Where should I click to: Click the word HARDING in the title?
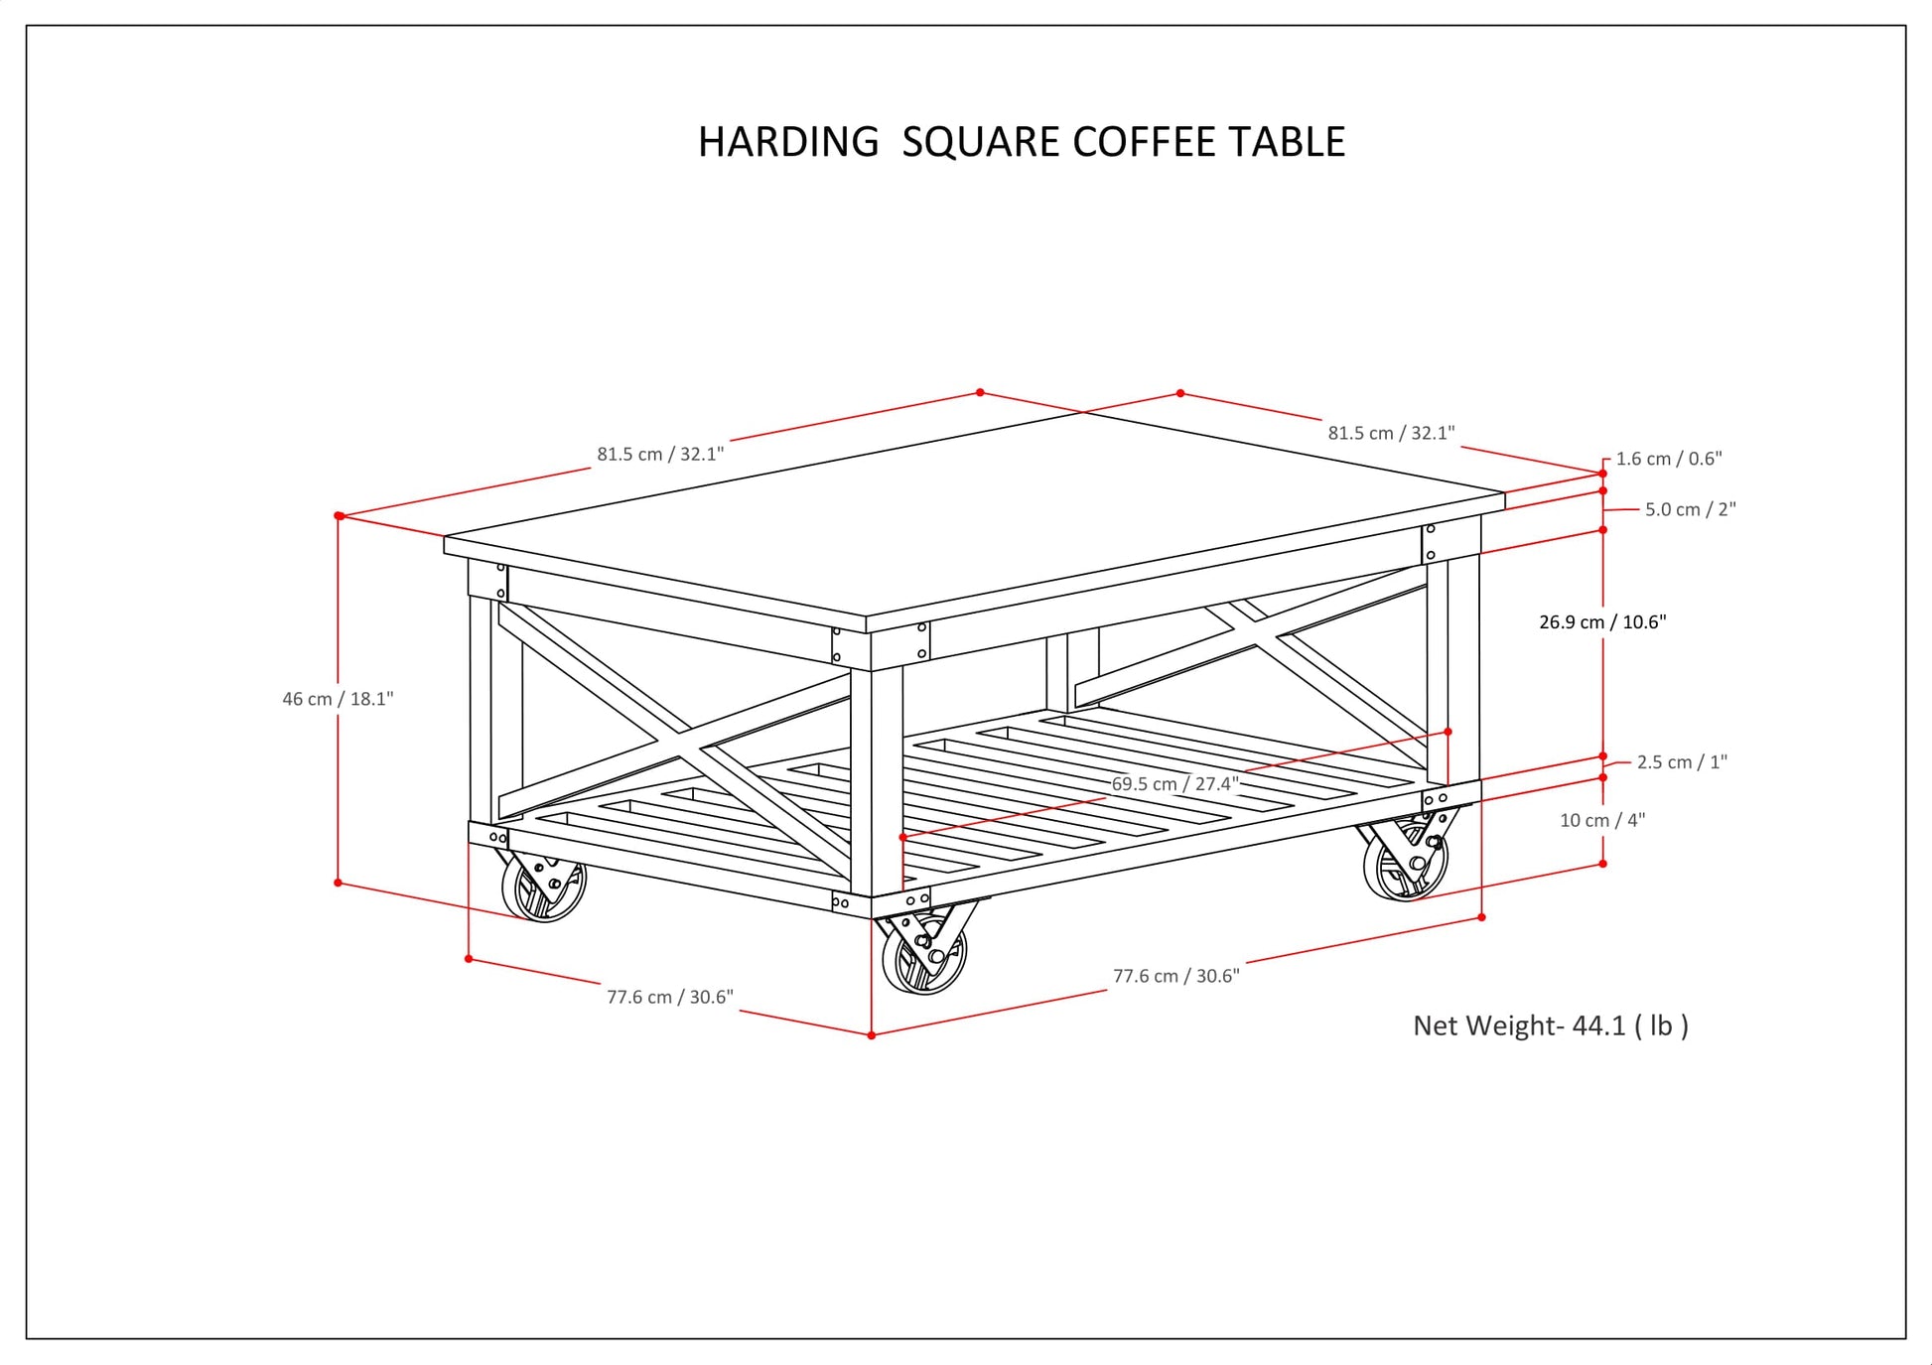coord(788,142)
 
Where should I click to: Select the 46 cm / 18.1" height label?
coord(338,699)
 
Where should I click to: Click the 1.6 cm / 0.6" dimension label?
coord(1669,459)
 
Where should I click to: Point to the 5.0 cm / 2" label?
coord(1691,509)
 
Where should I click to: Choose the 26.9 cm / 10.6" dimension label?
coord(1602,622)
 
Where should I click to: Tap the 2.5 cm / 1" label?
coord(1682,762)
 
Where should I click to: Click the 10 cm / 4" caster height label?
coord(1602,820)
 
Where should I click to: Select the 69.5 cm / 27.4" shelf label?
coord(1174,784)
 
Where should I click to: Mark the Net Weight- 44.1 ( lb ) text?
coord(1551,1025)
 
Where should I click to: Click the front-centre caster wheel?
coord(924,956)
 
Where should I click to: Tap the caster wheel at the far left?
coord(544,887)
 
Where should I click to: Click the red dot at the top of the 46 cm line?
coord(339,516)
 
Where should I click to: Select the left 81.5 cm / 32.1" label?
coord(660,455)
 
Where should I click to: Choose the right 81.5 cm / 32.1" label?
coord(1391,433)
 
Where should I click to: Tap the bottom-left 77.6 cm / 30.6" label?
coord(670,997)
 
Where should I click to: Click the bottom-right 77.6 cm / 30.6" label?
coord(1176,976)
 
